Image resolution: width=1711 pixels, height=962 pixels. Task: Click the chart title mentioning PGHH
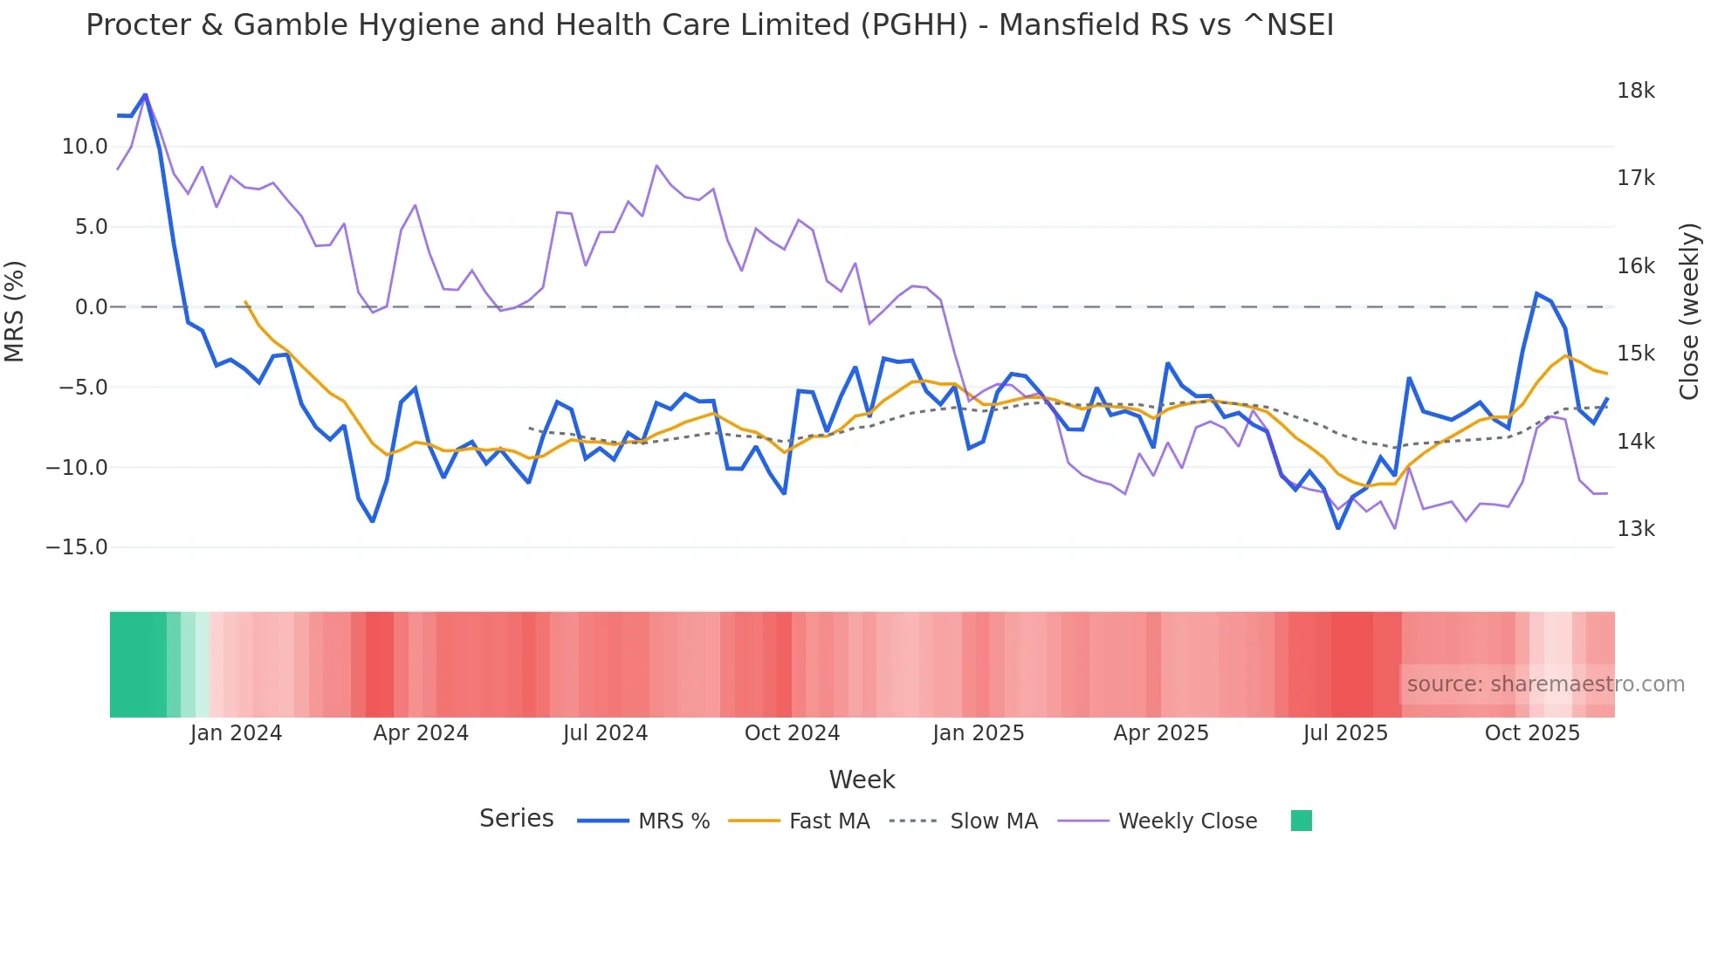point(709,25)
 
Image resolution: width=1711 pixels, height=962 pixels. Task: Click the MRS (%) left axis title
point(15,311)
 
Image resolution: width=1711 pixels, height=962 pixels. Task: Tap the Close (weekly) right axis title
point(1690,311)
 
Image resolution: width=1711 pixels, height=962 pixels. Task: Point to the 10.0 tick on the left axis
point(84,147)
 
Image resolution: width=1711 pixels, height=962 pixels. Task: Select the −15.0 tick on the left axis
point(77,547)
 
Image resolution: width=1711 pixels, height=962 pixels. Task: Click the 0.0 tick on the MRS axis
point(91,307)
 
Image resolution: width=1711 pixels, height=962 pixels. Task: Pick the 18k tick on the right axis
point(1635,91)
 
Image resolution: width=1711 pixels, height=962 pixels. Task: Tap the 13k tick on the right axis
point(1635,529)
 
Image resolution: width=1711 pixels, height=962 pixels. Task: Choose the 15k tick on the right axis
point(1635,354)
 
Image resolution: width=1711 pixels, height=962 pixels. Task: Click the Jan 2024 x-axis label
point(236,733)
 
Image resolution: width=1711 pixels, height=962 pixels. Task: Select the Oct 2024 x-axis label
point(792,733)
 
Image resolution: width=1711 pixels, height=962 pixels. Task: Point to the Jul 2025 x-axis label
point(1345,733)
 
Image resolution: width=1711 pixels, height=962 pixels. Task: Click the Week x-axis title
point(862,780)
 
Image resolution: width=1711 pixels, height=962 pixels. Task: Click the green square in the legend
point(1301,821)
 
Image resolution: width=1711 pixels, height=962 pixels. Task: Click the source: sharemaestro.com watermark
point(1545,684)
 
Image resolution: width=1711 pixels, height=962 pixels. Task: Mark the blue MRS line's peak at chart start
point(145,94)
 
